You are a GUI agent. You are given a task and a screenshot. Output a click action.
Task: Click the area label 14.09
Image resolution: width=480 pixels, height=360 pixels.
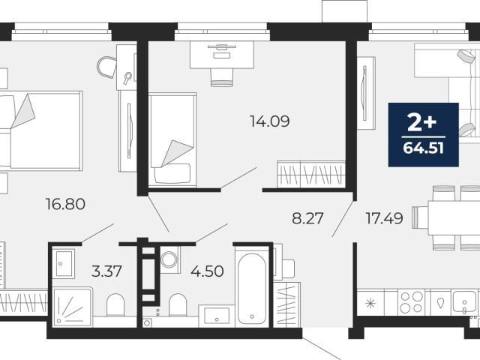(x=270, y=121)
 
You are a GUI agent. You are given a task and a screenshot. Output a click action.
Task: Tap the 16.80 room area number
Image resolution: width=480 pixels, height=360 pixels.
(x=65, y=204)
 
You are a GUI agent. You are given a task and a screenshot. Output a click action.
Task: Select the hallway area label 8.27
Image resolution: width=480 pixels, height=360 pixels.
(x=307, y=218)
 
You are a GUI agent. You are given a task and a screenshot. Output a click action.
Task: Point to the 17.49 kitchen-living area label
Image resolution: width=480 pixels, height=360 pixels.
(x=385, y=218)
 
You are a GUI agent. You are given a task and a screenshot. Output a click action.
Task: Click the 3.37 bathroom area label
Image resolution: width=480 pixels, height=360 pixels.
(x=106, y=271)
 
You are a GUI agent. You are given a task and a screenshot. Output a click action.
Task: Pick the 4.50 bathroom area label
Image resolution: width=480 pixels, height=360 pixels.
(x=207, y=271)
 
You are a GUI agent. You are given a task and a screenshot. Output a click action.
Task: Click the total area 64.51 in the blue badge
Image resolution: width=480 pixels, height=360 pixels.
(x=423, y=148)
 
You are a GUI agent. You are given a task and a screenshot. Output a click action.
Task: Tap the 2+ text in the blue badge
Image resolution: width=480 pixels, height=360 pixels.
(x=421, y=122)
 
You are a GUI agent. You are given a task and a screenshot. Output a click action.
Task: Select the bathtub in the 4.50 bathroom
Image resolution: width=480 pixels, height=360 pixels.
(x=252, y=287)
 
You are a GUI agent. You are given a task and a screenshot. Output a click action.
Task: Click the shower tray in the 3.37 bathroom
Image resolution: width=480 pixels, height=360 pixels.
(x=73, y=307)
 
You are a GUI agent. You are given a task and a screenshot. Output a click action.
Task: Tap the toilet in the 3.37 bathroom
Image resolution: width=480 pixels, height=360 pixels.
(x=115, y=304)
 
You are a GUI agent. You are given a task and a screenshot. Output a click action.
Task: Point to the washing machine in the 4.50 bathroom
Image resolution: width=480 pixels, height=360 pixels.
(x=169, y=260)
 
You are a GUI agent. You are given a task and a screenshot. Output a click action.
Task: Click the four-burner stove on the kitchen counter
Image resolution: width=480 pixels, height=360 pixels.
(x=412, y=302)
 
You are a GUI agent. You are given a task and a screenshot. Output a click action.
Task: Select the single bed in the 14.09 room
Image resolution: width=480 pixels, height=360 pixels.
(x=172, y=139)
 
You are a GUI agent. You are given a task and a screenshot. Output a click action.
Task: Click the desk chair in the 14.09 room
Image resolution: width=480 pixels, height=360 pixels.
(x=222, y=77)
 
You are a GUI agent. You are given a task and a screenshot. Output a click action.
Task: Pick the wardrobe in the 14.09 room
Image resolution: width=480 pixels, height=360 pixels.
(x=311, y=174)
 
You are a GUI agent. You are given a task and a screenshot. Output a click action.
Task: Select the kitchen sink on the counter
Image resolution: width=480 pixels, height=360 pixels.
(x=465, y=301)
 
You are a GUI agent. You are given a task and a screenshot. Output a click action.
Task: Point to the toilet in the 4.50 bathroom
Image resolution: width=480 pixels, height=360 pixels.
(x=178, y=304)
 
